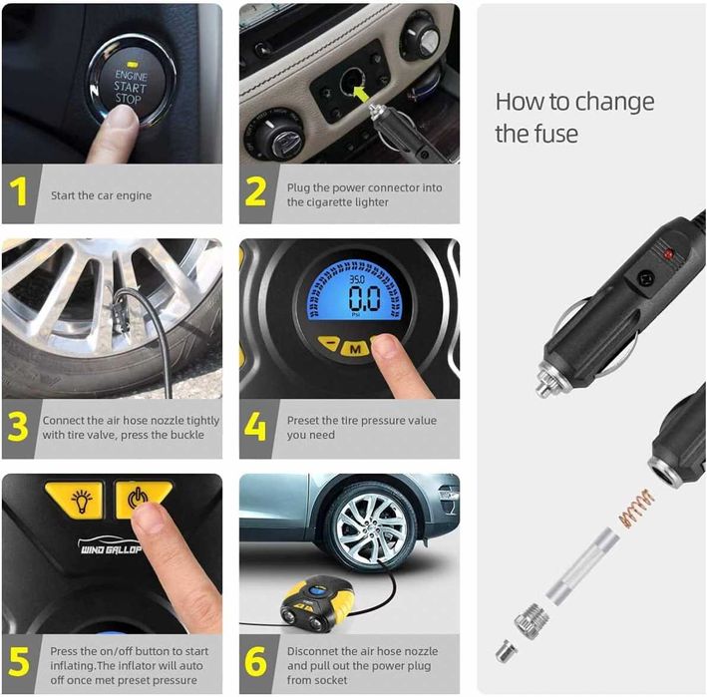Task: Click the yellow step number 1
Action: tap(19, 191)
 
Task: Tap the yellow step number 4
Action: tap(254, 427)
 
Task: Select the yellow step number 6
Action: tap(255, 661)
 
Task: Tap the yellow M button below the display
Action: tap(355, 348)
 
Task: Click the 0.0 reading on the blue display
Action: tap(364, 298)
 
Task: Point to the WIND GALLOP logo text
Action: tap(111, 549)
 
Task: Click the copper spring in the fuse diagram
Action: tap(636, 509)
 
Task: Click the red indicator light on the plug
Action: tap(669, 254)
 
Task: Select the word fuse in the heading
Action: tap(555, 134)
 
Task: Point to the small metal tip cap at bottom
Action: tap(506, 651)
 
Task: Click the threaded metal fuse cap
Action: tap(532, 621)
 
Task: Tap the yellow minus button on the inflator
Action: tap(330, 345)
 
